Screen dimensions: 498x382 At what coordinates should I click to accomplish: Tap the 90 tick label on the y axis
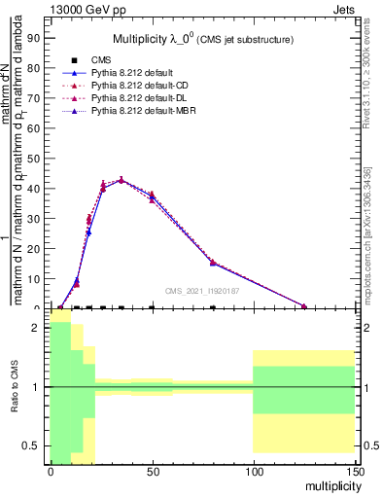point(33,38)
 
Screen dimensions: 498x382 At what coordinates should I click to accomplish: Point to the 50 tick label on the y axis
point(33,159)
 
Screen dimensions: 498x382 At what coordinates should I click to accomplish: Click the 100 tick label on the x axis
point(253,471)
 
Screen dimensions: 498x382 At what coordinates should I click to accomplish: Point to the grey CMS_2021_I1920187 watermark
point(202,290)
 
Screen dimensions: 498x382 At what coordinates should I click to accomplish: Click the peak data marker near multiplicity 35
point(121,180)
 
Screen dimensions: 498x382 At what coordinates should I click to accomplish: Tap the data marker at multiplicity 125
point(303,306)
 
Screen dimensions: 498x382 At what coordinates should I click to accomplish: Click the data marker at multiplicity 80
point(213,263)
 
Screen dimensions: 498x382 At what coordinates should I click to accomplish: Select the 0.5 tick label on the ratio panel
point(31,445)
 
